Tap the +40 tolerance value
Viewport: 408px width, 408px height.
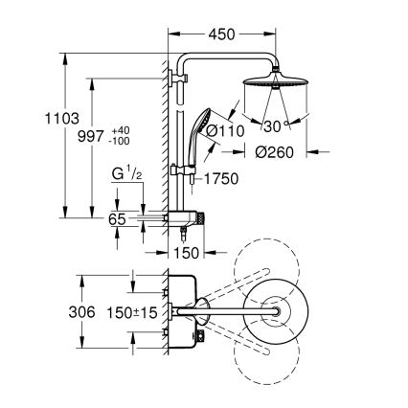click(x=121, y=129)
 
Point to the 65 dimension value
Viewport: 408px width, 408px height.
click(x=117, y=219)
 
